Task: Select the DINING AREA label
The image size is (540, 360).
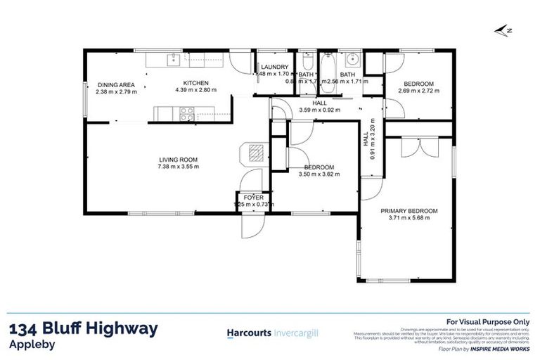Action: coord(116,84)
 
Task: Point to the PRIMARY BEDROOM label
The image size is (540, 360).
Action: coord(409,210)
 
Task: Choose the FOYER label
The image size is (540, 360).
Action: coord(252,198)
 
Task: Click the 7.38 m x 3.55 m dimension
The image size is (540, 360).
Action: coord(179,167)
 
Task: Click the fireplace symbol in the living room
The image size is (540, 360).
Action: coord(255,153)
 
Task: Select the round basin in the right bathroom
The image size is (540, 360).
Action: coord(354,59)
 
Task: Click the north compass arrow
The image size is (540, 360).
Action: coord(501,30)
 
